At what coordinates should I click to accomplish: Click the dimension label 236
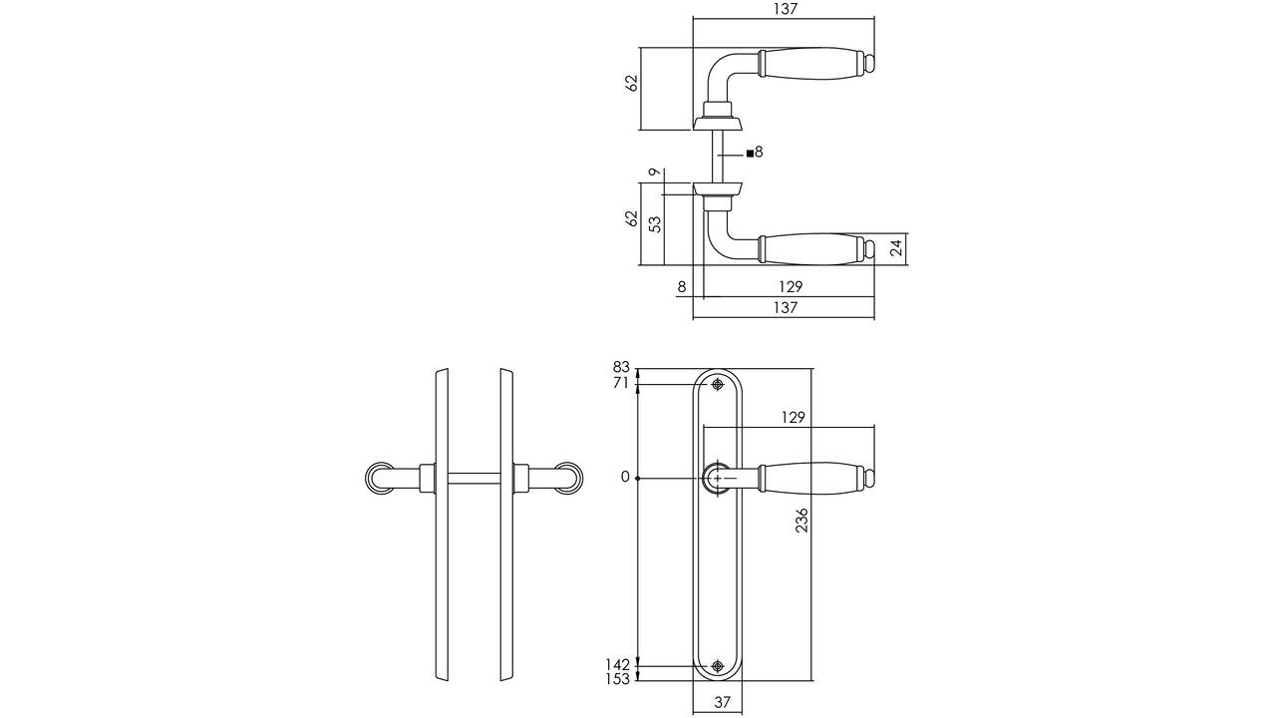pos(801,520)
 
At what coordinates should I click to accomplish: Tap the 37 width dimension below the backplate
pos(723,702)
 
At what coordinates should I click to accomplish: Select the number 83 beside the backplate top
pos(621,366)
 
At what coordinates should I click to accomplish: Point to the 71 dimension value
pos(621,384)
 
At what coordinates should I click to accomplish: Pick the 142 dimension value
pos(618,664)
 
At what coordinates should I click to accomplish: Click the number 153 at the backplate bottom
pos(618,679)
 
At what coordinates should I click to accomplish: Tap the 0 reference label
pos(625,478)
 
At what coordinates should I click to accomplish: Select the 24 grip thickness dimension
pos(896,248)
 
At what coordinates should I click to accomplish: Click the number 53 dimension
pos(656,224)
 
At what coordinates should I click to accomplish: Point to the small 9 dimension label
pos(655,172)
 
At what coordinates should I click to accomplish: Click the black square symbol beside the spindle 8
pos(750,154)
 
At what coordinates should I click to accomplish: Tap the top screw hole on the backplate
pos(717,384)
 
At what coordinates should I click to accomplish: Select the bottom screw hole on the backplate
pos(717,665)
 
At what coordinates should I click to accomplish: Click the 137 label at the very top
pos(786,9)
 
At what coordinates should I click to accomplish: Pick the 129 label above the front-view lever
pos(793,418)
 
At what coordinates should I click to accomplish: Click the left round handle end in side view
pos(379,478)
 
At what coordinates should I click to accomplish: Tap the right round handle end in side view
pos(569,478)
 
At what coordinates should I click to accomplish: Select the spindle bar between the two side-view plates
pos(474,478)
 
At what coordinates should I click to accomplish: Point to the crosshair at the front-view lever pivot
pos(717,478)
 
